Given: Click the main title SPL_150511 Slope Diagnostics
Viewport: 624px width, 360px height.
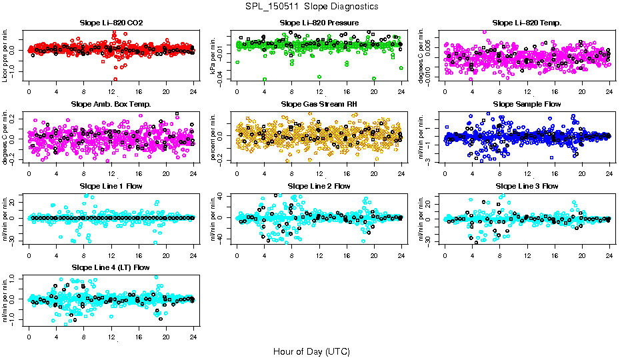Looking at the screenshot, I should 311,6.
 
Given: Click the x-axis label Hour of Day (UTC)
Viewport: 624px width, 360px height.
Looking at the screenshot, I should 311,351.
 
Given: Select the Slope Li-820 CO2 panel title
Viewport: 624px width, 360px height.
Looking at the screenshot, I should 111,23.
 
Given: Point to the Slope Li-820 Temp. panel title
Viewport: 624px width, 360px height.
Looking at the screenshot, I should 527,23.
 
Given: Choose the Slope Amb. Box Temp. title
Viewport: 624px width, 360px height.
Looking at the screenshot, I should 111,104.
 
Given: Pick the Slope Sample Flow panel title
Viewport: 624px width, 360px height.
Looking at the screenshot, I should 527,104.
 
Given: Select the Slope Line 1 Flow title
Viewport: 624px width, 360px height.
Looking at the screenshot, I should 111,185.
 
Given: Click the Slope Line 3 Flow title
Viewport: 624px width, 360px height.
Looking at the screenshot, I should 527,185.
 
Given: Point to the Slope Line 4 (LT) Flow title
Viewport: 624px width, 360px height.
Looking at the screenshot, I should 111,267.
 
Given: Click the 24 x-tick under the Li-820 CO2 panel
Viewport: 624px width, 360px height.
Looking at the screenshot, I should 193,92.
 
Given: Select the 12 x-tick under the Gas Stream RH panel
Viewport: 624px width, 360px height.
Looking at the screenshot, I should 319,173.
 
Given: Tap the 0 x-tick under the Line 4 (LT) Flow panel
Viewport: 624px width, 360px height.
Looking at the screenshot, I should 29,336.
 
